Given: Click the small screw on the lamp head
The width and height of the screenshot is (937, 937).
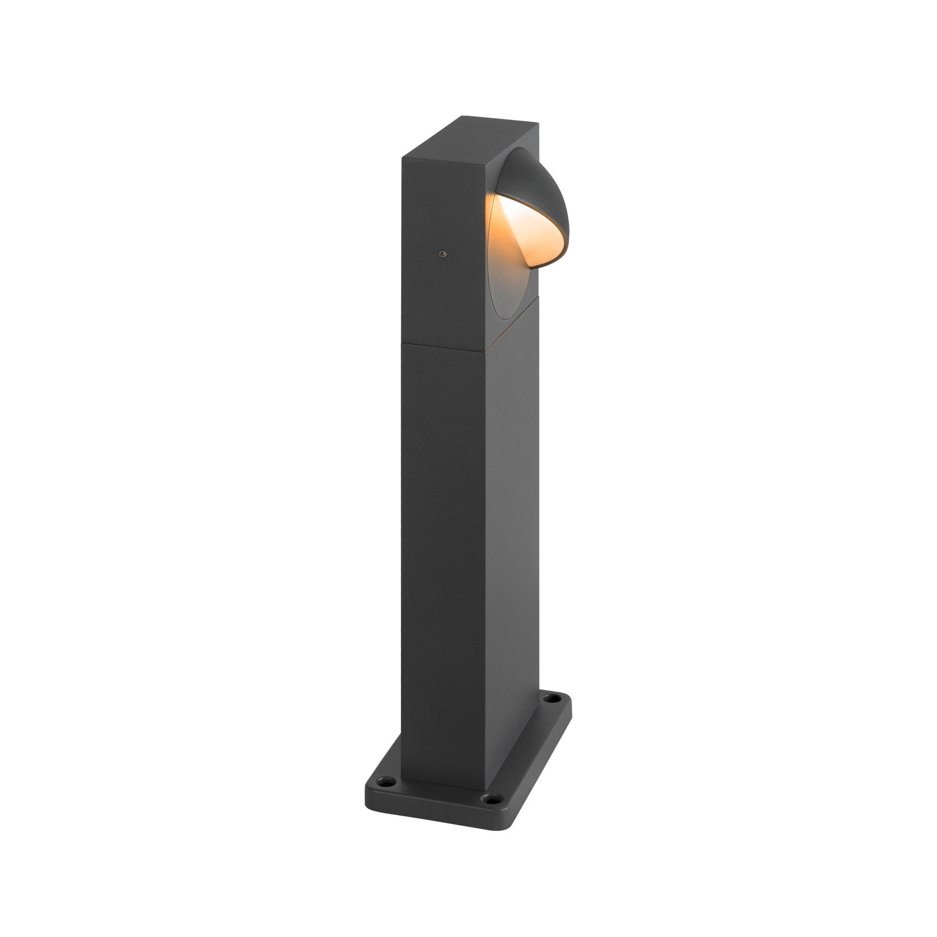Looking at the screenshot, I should (x=443, y=254).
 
